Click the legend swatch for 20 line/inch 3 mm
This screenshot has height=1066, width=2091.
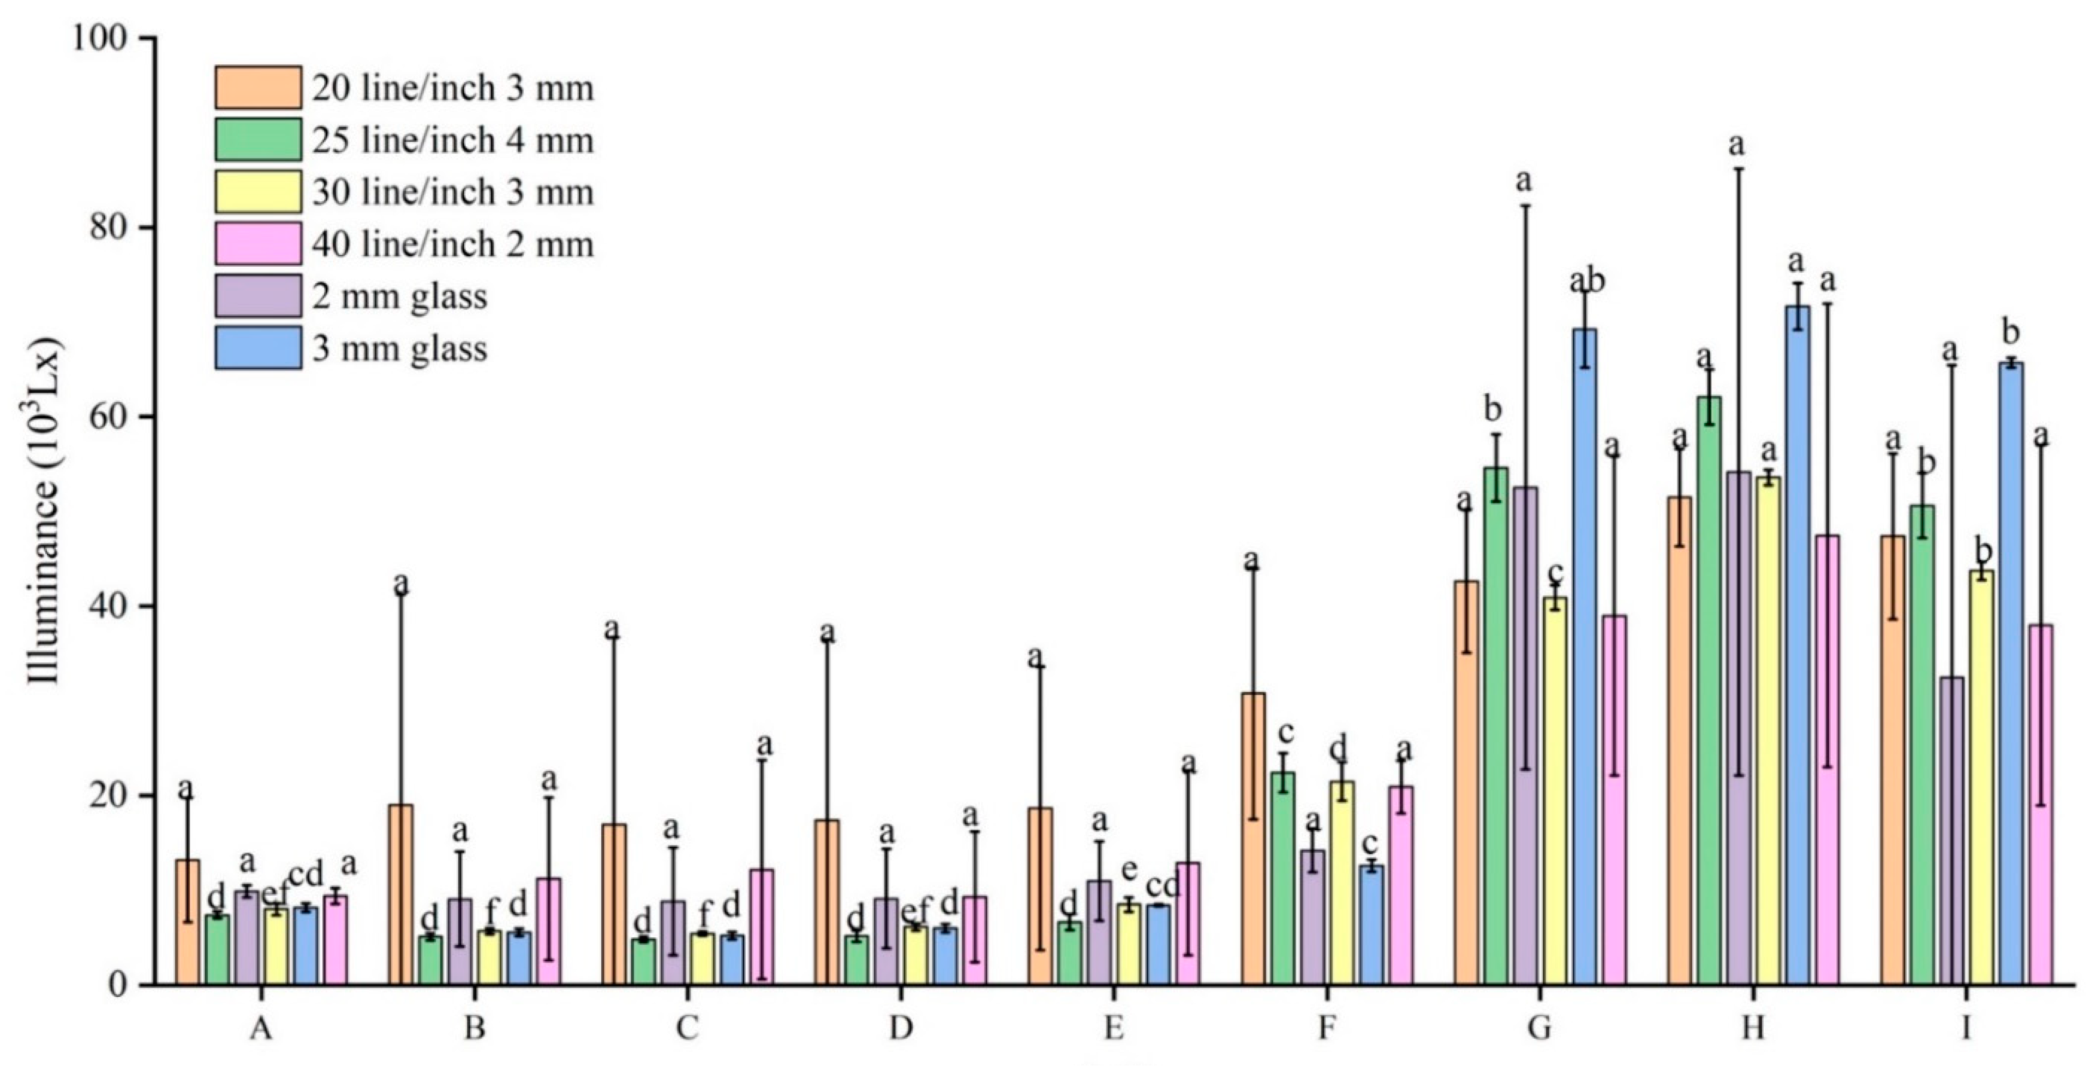[x=258, y=88]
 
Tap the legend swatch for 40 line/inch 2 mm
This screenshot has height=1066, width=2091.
[x=258, y=243]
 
